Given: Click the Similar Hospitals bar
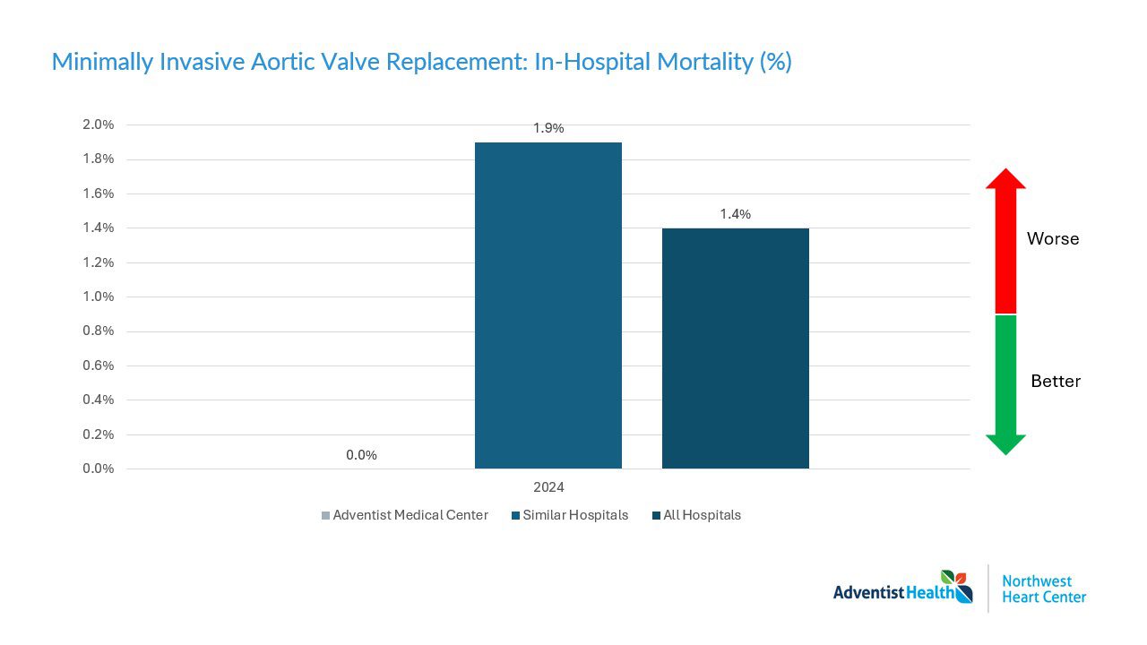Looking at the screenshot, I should tap(548, 305).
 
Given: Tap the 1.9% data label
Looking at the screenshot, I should tap(548, 128).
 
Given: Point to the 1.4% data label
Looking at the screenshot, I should tap(736, 214).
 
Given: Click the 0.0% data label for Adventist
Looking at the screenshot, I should tap(361, 455).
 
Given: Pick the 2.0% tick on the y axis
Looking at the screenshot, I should tap(98, 125).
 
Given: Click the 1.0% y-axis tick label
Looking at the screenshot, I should tap(98, 297).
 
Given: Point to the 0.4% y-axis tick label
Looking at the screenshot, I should tap(98, 400).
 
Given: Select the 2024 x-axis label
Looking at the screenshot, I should tap(548, 488).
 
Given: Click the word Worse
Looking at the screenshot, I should tap(1053, 239).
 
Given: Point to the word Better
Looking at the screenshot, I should tap(1056, 382).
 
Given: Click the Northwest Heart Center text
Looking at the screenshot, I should tap(1044, 589).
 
